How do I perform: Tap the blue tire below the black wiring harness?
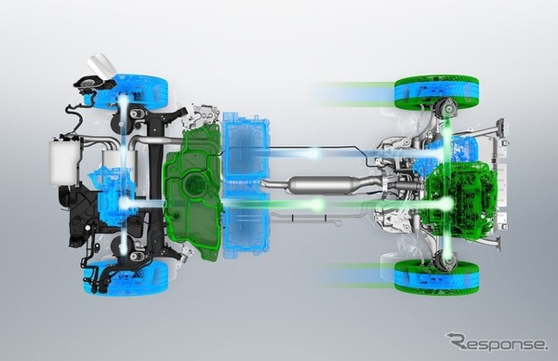126,276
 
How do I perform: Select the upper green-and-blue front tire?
437,91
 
